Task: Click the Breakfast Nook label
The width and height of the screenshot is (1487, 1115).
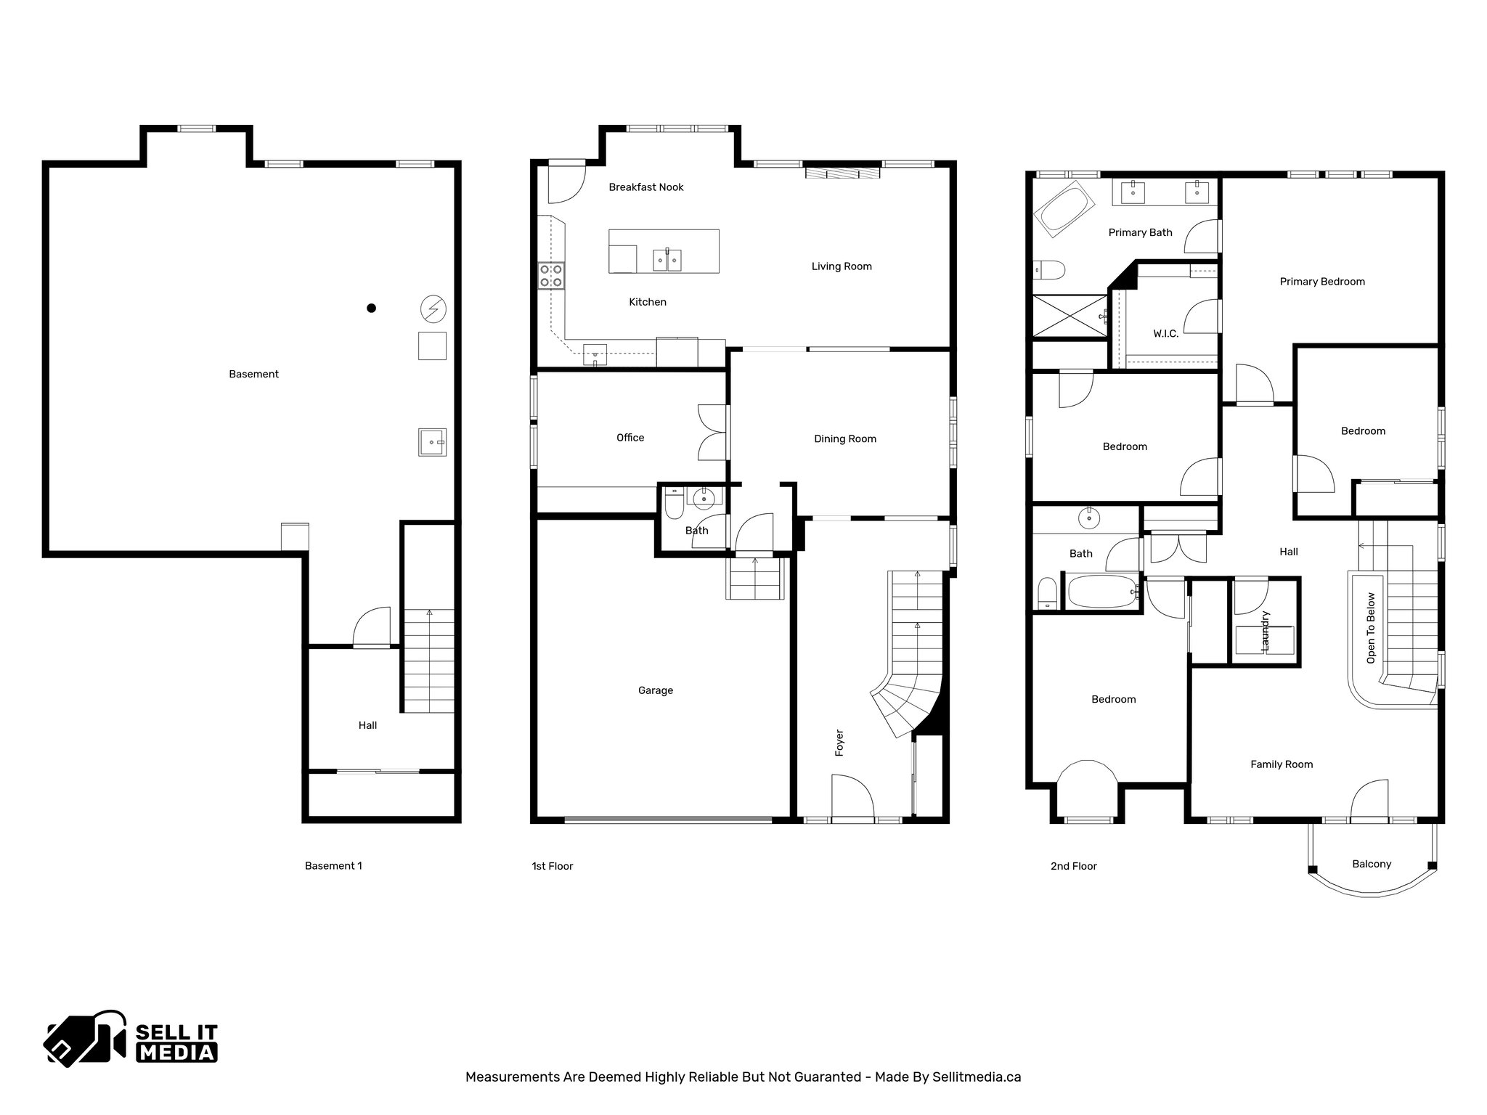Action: coord(645,187)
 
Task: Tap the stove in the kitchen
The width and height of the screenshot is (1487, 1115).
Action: coord(550,276)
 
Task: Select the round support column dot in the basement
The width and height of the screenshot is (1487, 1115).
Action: coord(371,308)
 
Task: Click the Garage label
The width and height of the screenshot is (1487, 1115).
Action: coord(655,690)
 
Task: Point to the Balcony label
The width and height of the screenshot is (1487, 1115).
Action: coord(1372,864)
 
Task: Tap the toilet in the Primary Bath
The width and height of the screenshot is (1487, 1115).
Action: coord(1048,271)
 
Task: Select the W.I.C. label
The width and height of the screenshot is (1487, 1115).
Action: coord(1165,334)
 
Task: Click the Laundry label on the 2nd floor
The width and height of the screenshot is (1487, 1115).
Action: coord(1265,629)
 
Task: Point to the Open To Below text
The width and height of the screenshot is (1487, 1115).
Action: coord(1371,628)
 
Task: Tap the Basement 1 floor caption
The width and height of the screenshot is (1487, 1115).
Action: coord(333,865)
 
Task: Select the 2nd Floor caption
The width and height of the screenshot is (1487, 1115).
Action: coord(1073,866)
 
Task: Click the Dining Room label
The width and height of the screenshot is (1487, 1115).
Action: coord(844,438)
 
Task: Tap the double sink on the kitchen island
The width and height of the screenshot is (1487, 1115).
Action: coord(667,258)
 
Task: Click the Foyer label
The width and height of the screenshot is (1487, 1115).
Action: coord(839,743)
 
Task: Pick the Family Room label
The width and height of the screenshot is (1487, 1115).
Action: coord(1281,764)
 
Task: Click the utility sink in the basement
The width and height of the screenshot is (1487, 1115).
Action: coord(432,441)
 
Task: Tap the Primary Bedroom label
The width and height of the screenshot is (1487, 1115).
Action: coord(1321,282)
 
